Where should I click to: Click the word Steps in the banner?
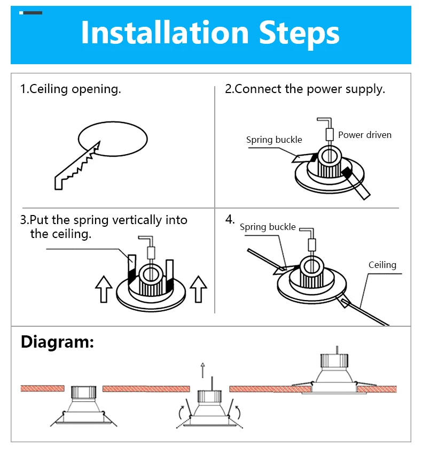coord(299,33)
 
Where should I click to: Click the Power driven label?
coord(364,135)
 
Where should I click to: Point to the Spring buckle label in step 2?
coord(274,140)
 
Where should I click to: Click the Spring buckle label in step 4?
coord(267,227)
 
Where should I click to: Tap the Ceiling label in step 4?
coord(382,265)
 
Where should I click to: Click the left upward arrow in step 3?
coord(103,289)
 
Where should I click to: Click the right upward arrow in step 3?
coord(198,289)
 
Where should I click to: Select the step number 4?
coord(230,219)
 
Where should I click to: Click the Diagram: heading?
coord(57,342)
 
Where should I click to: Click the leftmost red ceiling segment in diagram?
coord(43,388)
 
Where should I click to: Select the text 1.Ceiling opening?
coord(71,89)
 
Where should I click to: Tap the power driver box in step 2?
coord(330,133)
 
